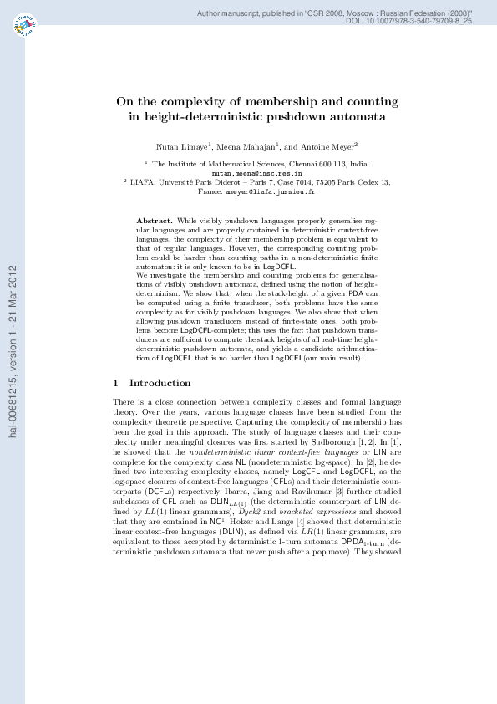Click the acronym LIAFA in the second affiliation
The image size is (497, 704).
click(x=143, y=182)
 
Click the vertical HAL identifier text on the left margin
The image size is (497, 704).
click(x=13, y=351)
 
